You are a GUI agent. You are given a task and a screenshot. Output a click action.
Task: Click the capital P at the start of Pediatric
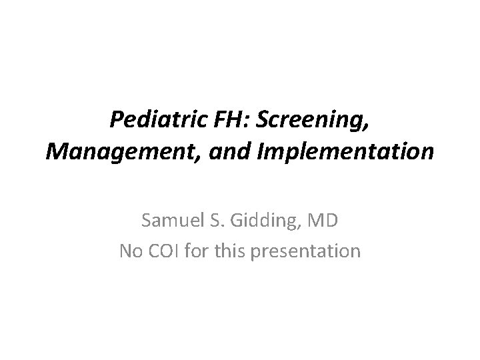pyautogui.click(x=116, y=121)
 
